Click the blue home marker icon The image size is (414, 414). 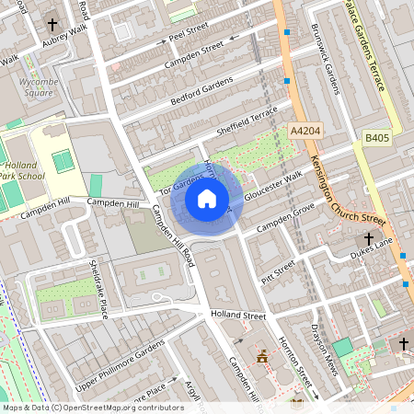(207, 198)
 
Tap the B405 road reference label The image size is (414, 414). (377, 137)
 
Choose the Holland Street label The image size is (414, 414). (237, 316)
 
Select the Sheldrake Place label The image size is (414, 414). (98, 287)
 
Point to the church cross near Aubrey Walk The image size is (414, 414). (53, 24)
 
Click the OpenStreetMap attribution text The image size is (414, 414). (92, 407)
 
